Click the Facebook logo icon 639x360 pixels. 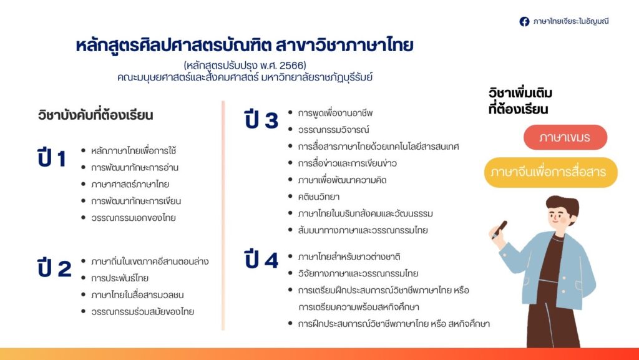(x=524, y=22)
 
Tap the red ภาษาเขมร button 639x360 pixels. (x=565, y=137)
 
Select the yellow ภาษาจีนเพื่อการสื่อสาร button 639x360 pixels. (x=550, y=172)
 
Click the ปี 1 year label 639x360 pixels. (x=51, y=158)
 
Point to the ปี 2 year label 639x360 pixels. (x=54, y=268)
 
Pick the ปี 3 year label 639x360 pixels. (x=261, y=120)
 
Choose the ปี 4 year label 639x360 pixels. (x=261, y=260)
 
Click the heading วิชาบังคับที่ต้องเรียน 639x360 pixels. (x=95, y=115)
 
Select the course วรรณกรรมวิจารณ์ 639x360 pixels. (x=333, y=130)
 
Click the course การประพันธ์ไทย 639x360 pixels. (x=120, y=278)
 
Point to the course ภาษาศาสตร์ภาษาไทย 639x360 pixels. (x=130, y=184)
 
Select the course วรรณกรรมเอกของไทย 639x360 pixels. (x=134, y=218)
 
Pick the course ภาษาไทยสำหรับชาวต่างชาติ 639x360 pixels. (x=349, y=257)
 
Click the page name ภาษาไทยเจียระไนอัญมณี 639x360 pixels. (x=571, y=21)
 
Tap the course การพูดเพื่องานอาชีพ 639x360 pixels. (x=335, y=113)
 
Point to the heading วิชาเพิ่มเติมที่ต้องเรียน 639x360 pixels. (x=520, y=101)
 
